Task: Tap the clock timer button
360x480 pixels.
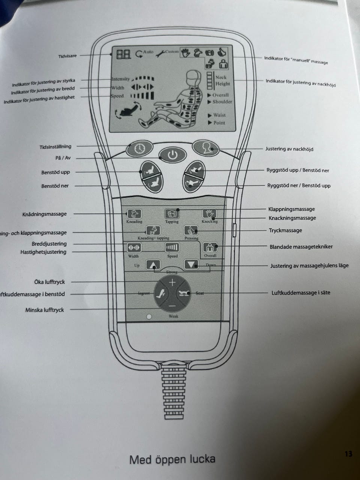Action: click(x=139, y=148)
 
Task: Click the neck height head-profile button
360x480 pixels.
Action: click(x=205, y=147)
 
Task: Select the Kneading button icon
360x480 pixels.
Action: click(x=134, y=214)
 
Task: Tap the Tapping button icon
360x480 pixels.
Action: click(x=172, y=214)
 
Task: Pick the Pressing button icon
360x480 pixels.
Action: click(x=191, y=230)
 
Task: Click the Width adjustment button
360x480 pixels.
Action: click(x=134, y=247)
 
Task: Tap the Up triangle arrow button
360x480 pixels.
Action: click(x=152, y=265)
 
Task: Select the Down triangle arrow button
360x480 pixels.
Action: click(x=191, y=265)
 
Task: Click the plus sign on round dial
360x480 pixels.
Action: click(x=172, y=282)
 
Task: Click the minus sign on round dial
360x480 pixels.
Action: click(x=172, y=306)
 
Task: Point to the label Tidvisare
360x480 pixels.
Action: click(x=67, y=56)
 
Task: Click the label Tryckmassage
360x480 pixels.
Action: click(x=285, y=230)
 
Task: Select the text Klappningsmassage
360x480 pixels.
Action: click(x=291, y=209)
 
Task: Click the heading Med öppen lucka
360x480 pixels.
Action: click(x=172, y=459)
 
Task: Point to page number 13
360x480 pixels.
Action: click(x=348, y=454)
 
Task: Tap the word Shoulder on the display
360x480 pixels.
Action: click(x=222, y=102)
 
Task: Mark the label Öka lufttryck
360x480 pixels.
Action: click(x=49, y=282)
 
